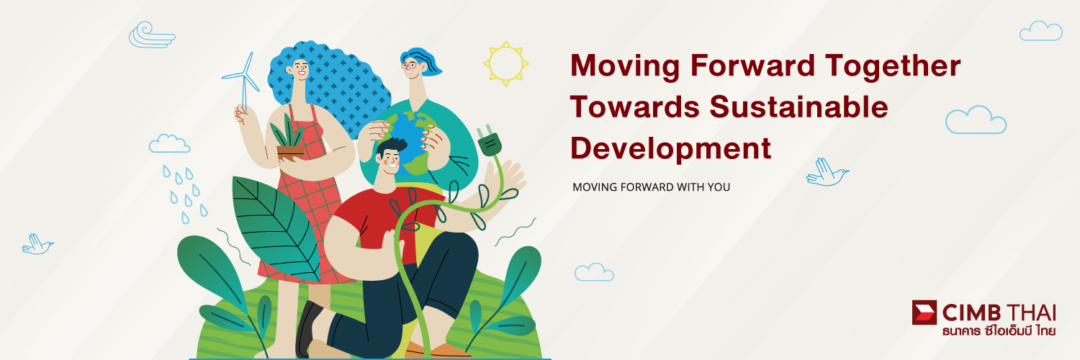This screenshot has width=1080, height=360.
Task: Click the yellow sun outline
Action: [x=505, y=63]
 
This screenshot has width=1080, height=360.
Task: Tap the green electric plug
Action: [x=490, y=140]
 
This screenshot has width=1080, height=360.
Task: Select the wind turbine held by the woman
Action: [x=243, y=82]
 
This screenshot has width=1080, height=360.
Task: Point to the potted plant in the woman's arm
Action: [x=289, y=139]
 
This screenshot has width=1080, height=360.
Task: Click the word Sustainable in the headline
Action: [x=798, y=107]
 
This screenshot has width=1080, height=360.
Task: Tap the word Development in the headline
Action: [x=670, y=148]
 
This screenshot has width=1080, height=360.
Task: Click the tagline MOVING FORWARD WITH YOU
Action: [x=651, y=187]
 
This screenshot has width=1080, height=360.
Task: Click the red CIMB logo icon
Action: [x=924, y=312]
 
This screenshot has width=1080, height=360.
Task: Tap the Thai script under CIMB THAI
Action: [x=999, y=331]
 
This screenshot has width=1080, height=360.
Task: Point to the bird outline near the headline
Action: [x=827, y=172]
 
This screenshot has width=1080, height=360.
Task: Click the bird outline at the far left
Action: [x=37, y=244]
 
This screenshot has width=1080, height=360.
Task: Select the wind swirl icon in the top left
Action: [x=151, y=35]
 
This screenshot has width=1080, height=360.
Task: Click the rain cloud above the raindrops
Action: [x=169, y=143]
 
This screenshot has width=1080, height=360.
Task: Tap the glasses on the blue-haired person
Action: [x=410, y=65]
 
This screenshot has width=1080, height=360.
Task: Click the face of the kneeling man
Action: [x=389, y=160]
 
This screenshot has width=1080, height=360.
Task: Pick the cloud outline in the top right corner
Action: [x=1040, y=32]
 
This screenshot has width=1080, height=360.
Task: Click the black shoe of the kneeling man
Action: [x=307, y=328]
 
